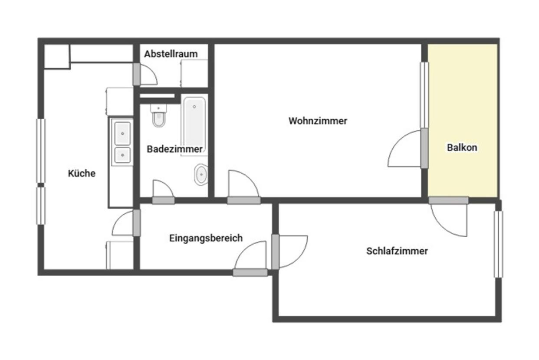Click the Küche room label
coord(82,173)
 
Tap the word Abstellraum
coord(171,54)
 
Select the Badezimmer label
coord(175,149)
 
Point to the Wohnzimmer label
coord(318,121)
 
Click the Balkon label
coord(462,147)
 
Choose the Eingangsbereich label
coord(206,238)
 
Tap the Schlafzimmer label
coord(397,251)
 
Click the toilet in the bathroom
coord(158,115)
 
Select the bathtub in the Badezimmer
coord(194,124)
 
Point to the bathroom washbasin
coord(201,174)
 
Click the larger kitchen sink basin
coord(122,134)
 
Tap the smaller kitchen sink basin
coord(122,155)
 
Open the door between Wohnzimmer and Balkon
coord(424,148)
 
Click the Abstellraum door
coord(137,74)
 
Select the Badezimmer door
coord(163,200)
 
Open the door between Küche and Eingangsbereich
coord(137,223)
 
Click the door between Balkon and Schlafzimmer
coord(449,200)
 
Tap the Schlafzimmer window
coord(499,244)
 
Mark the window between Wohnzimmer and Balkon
coord(424,95)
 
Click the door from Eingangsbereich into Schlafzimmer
coord(275,252)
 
